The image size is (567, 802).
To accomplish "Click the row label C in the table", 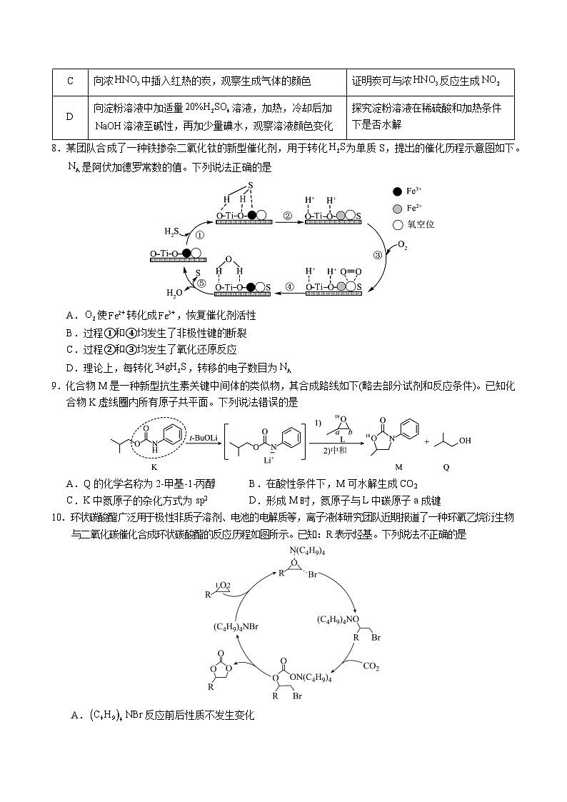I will [70, 81].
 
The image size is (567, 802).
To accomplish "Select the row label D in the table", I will [70, 116].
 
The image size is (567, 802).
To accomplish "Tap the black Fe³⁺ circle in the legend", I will [397, 191].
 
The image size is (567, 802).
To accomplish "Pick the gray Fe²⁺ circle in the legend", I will [397, 208].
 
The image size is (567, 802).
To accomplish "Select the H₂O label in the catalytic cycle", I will [174, 292].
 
